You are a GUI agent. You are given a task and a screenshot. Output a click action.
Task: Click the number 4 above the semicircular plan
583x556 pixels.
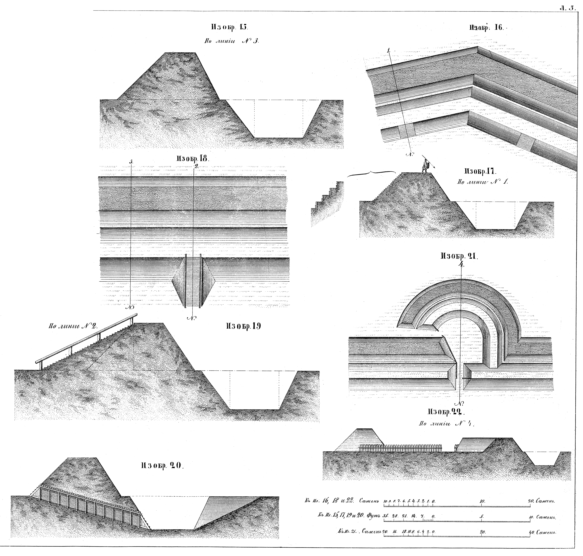tap(461, 265)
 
